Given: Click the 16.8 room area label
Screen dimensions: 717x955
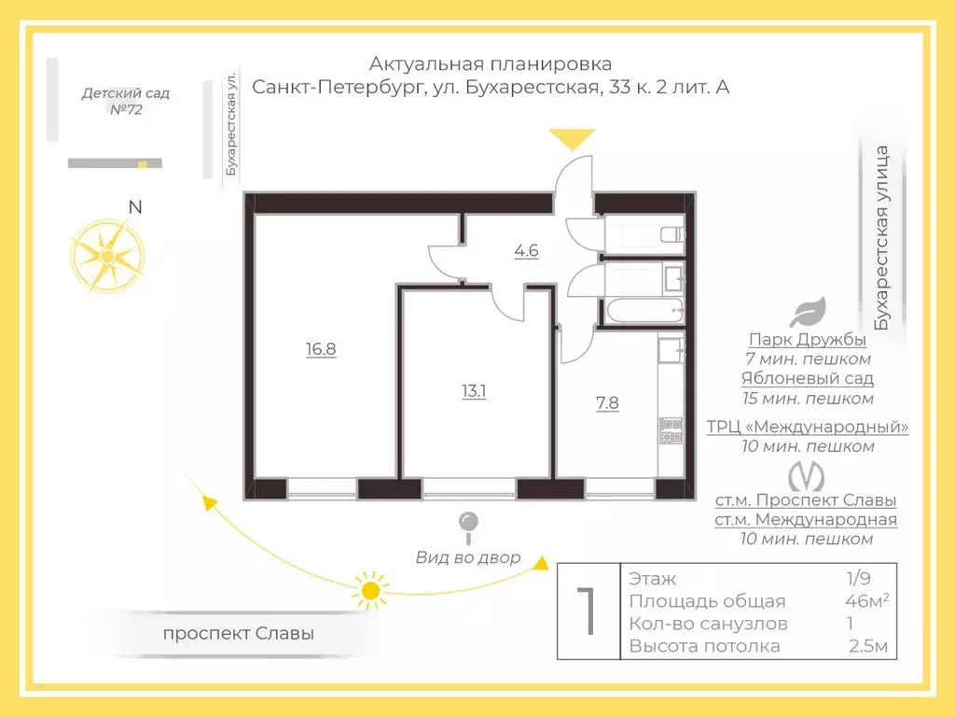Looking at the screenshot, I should coord(320,349).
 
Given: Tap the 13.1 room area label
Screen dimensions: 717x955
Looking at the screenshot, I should coord(474,391).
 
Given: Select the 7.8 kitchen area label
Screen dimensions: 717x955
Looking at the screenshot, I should coord(607,403).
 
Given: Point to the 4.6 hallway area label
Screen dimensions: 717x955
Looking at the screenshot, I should coord(527,250).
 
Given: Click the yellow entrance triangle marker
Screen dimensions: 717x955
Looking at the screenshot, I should coord(572,140).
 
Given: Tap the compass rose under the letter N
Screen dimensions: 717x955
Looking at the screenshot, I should coord(107,255).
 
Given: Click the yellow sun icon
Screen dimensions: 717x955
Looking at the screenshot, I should coord(371,590).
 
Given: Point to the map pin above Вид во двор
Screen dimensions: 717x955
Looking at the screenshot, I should coord(468,526).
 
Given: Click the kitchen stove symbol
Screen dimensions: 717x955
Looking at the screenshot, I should coord(671,429).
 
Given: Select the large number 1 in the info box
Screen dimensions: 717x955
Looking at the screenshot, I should coord(588,612).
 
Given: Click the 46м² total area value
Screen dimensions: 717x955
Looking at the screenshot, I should coord(865,600).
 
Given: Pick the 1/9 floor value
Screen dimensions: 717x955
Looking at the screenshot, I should coord(856,578).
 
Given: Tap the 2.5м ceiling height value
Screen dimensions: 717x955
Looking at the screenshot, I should coord(868,646).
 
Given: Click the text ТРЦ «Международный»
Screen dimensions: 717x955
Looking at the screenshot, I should coord(808,428).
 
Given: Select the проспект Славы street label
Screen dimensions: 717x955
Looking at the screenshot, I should coord(238,633).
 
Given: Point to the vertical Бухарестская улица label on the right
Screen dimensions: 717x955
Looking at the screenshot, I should coord(883,238).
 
